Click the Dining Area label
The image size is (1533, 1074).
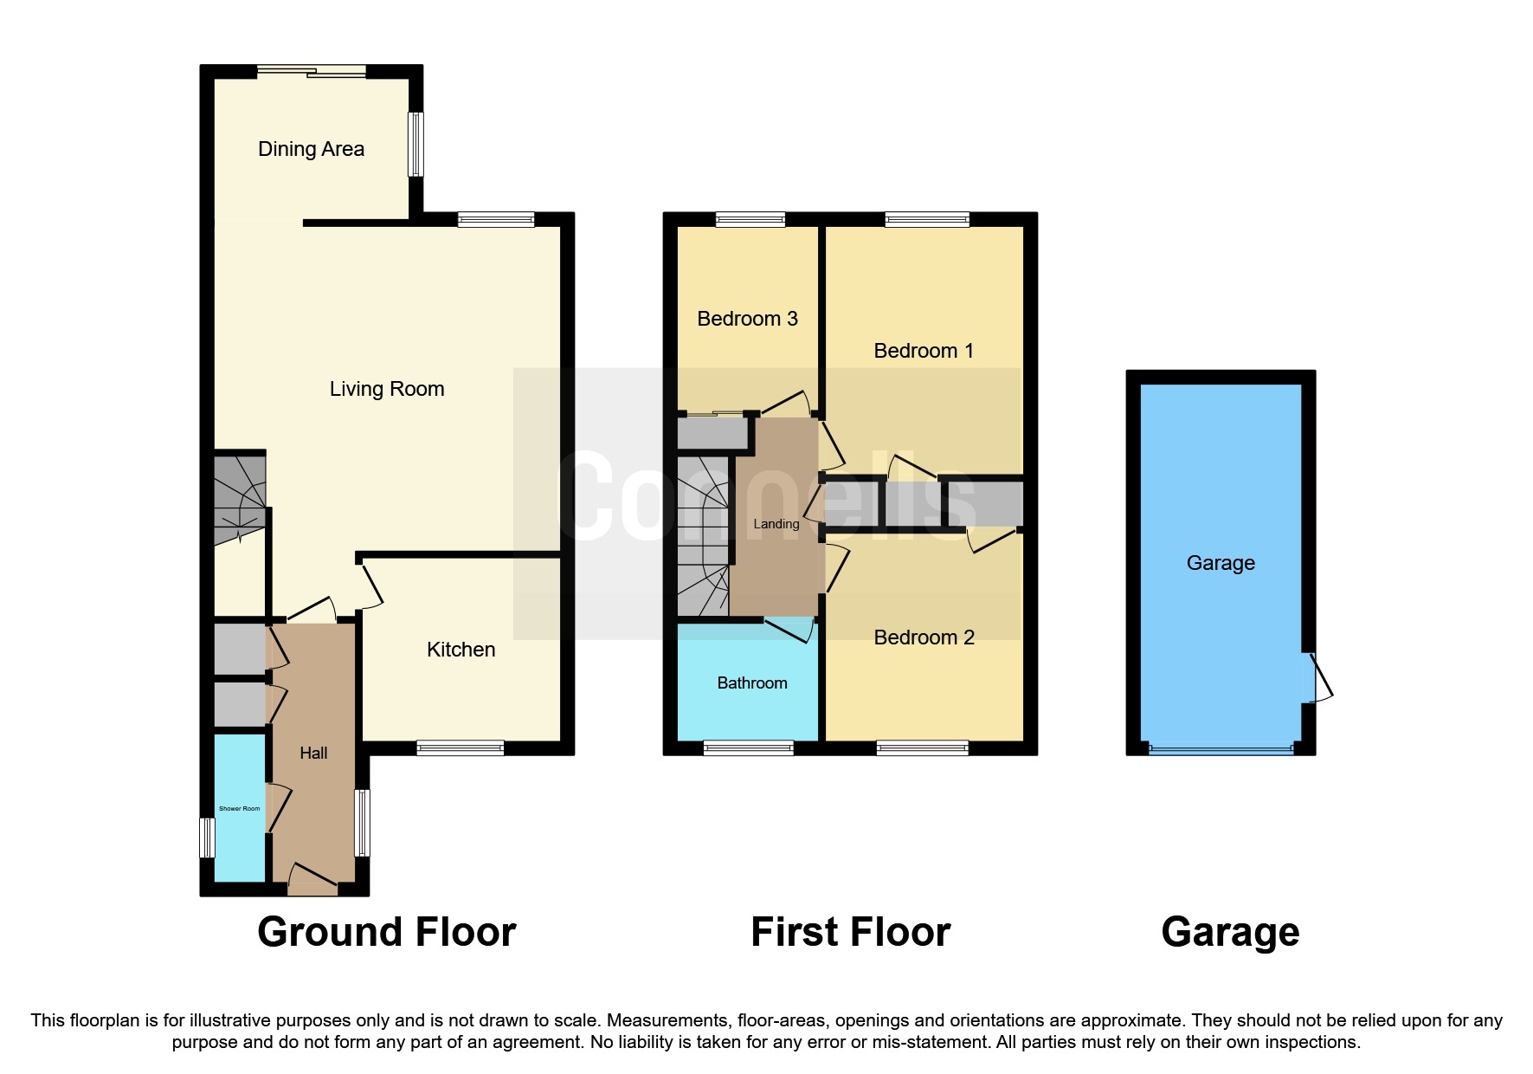click(x=311, y=149)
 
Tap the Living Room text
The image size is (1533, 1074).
click(x=386, y=389)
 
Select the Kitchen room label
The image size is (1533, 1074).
click(x=461, y=650)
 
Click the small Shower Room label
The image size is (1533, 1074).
click(x=239, y=809)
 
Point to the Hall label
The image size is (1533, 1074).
click(x=313, y=754)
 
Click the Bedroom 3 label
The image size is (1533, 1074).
click(x=747, y=319)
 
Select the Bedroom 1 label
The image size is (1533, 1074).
click(x=924, y=351)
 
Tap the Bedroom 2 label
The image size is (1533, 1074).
click(x=924, y=637)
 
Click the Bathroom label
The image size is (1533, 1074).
click(x=751, y=683)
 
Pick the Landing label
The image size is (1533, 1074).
click(x=776, y=524)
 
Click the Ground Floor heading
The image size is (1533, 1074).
click(x=386, y=933)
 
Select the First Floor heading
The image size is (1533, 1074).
click(x=850, y=933)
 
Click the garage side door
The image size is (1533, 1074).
click(x=1319, y=677)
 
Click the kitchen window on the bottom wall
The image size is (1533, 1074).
click(x=460, y=747)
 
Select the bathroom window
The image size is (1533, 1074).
click(x=748, y=747)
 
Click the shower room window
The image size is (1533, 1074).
click(x=207, y=838)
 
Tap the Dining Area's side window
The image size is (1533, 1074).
click(x=416, y=144)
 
